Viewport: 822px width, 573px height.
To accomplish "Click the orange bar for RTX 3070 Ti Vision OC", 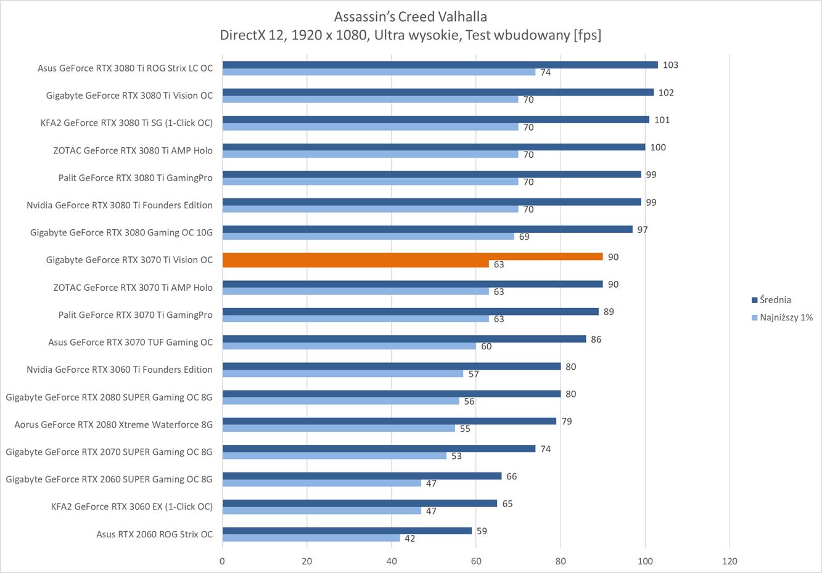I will click(412, 256).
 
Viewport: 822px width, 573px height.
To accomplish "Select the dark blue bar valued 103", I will click(440, 65).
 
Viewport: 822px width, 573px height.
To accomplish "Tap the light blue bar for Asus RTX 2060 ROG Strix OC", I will click(311, 538).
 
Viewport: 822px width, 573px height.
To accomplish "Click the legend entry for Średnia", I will click(775, 300).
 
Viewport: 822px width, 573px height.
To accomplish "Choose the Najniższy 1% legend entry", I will click(786, 317).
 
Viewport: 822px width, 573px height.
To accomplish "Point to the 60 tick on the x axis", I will click(476, 561).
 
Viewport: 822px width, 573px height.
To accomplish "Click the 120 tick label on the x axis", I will click(730, 561).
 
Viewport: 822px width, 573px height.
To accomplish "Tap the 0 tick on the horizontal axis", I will click(223, 561).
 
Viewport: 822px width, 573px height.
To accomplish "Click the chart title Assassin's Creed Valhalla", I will click(410, 16).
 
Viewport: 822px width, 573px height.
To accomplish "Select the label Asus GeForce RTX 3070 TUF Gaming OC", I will click(130, 342).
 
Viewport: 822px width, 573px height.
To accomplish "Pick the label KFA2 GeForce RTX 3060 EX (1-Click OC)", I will click(131, 506).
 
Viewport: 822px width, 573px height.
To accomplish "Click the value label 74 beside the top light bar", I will click(545, 73).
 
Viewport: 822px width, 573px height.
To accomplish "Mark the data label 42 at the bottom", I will click(409, 538).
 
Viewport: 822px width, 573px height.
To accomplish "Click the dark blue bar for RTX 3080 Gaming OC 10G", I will click(427, 229).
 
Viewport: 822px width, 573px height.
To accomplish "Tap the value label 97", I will click(643, 229).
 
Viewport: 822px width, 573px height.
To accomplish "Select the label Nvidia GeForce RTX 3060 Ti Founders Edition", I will click(120, 370).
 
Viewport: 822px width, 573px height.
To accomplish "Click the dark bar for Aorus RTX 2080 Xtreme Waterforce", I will click(389, 421).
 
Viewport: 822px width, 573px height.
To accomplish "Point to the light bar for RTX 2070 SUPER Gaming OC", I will click(334, 456).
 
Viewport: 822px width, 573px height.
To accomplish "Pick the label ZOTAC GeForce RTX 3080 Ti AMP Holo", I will click(133, 150).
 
